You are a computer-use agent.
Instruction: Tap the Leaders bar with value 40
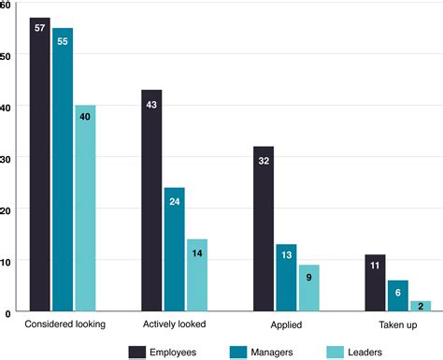click(x=85, y=207)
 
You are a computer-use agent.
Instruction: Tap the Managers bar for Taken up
click(x=398, y=295)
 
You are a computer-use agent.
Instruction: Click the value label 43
click(x=151, y=104)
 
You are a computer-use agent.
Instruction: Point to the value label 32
click(x=264, y=160)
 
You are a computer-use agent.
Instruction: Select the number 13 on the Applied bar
click(x=286, y=257)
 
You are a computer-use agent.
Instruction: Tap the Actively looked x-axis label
click(x=174, y=324)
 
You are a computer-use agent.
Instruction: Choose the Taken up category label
click(x=398, y=324)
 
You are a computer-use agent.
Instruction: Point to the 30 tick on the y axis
click(x=7, y=158)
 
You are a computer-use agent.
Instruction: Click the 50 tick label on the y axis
click(x=7, y=55)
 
